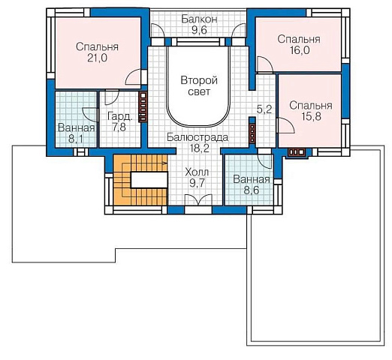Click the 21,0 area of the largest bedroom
[x=97, y=58]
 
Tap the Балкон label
[x=199, y=19]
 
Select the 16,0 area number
[x=300, y=50]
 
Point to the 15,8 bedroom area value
[x=311, y=116]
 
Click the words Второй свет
[x=199, y=86]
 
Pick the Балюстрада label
[x=198, y=137]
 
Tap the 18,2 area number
[x=199, y=148]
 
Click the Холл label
[x=197, y=172]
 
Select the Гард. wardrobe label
[x=120, y=116]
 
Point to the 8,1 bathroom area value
[x=76, y=139]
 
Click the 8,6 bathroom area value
[x=252, y=190]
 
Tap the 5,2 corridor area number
[x=264, y=109]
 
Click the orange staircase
[x=140, y=180]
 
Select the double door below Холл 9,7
[x=198, y=200]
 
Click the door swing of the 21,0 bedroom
[x=133, y=77]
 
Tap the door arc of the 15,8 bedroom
[x=287, y=125]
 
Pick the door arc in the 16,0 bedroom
[x=265, y=64]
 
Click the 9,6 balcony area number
[x=199, y=30]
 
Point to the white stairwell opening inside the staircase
[x=149, y=180]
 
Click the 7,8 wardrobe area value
[x=119, y=127]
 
